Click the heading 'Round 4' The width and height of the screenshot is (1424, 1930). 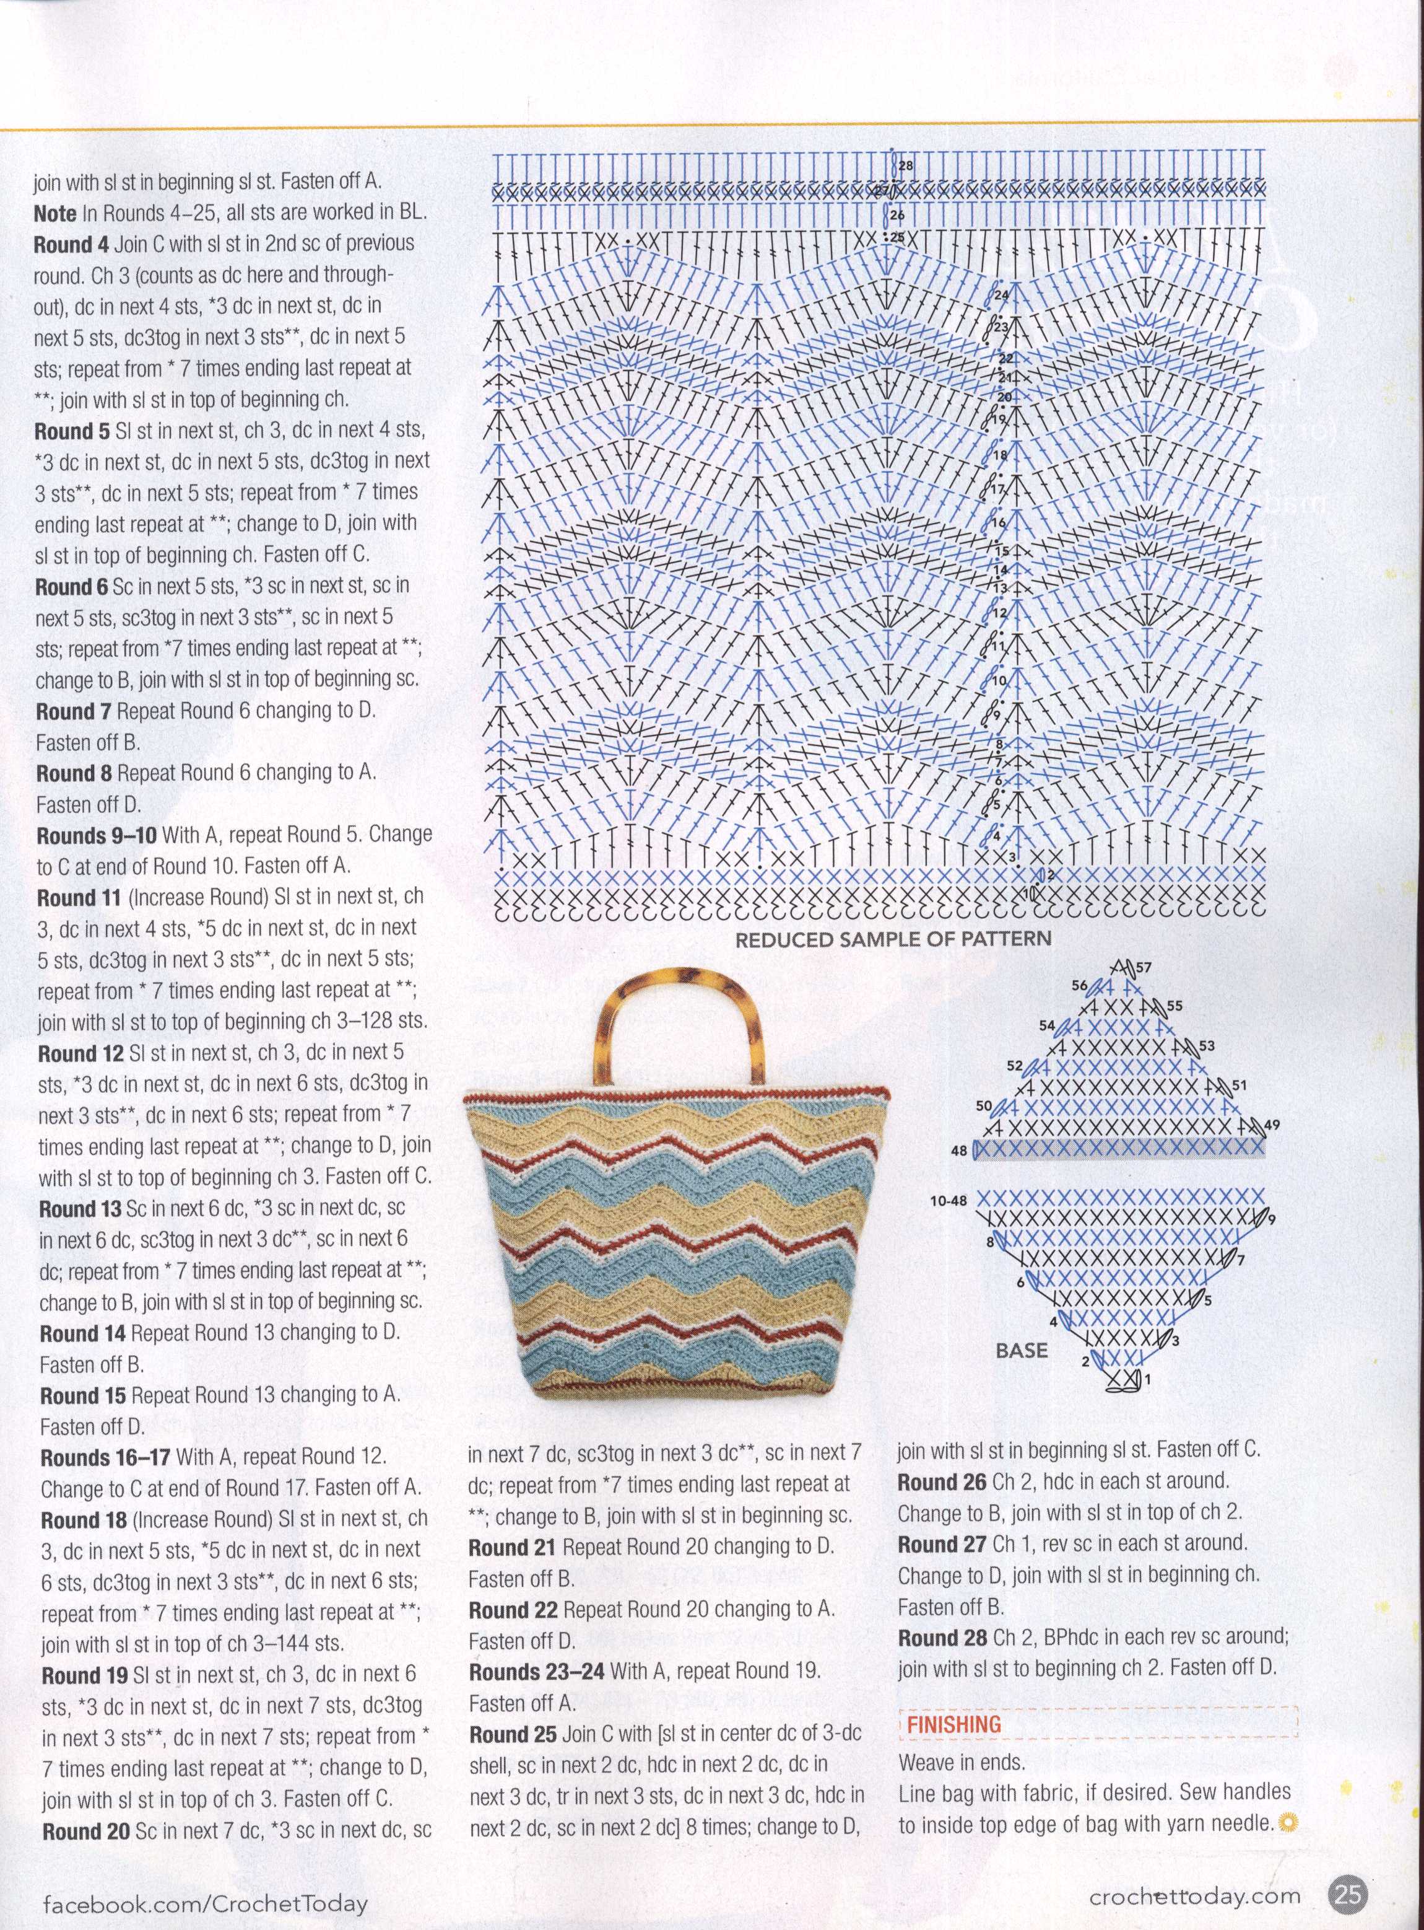pyautogui.click(x=71, y=244)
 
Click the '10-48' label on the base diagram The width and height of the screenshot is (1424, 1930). pyautogui.click(x=949, y=1200)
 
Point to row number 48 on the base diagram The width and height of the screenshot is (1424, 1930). pyautogui.click(x=958, y=1151)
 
